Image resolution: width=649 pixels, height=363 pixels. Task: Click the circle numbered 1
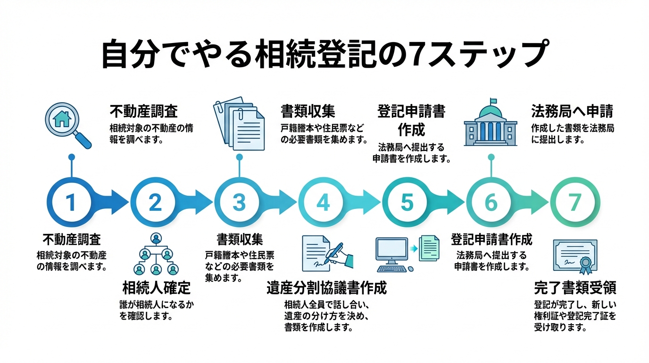click(71, 202)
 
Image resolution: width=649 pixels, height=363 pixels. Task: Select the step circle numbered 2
click(155, 202)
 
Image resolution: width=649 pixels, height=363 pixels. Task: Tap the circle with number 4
click(323, 202)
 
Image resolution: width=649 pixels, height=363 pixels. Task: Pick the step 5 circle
click(407, 202)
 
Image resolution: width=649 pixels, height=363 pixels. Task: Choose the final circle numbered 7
click(574, 202)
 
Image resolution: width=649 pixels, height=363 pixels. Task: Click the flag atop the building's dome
click(494, 101)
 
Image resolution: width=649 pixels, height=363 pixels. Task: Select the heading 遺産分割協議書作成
click(326, 288)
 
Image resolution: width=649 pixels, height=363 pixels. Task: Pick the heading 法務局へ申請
click(572, 112)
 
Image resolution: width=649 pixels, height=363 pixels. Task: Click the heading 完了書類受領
click(575, 287)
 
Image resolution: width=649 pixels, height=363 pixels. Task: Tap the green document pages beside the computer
click(429, 247)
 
